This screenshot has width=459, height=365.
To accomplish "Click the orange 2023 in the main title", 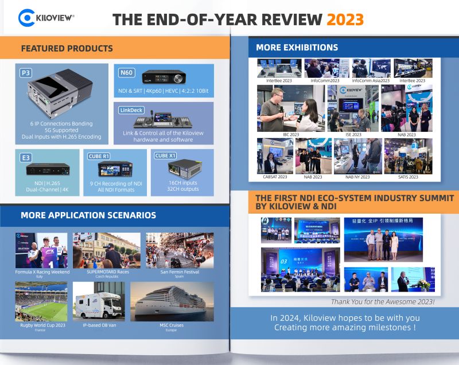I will (345, 19).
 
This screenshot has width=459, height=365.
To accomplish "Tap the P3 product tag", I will (25, 73).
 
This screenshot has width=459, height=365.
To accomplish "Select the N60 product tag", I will (126, 73).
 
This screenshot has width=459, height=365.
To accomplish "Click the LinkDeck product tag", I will (130, 109).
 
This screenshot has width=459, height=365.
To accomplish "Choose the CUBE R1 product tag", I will (99, 155).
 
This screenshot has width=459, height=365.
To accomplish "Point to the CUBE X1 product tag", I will (166, 155).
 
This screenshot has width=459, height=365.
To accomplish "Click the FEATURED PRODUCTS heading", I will (67, 48).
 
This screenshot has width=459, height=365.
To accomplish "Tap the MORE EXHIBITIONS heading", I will (297, 47).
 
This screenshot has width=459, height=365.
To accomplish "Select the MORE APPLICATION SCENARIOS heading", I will (88, 215).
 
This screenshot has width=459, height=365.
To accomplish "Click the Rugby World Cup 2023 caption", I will (41, 325).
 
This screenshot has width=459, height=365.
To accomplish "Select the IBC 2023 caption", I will (291, 135).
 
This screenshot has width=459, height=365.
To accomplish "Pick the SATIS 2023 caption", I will (408, 177).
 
